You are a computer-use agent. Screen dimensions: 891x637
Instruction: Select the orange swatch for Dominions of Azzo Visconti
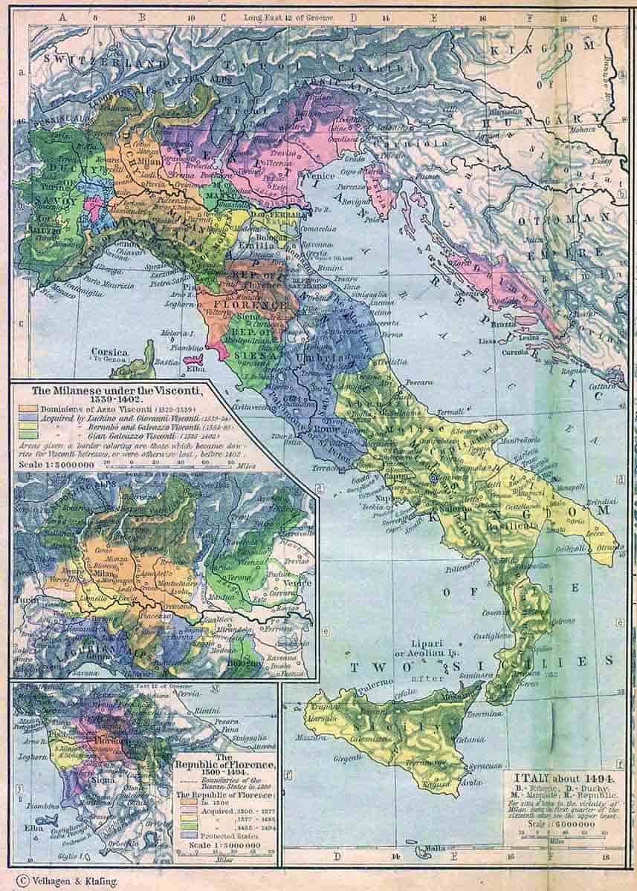27,408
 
